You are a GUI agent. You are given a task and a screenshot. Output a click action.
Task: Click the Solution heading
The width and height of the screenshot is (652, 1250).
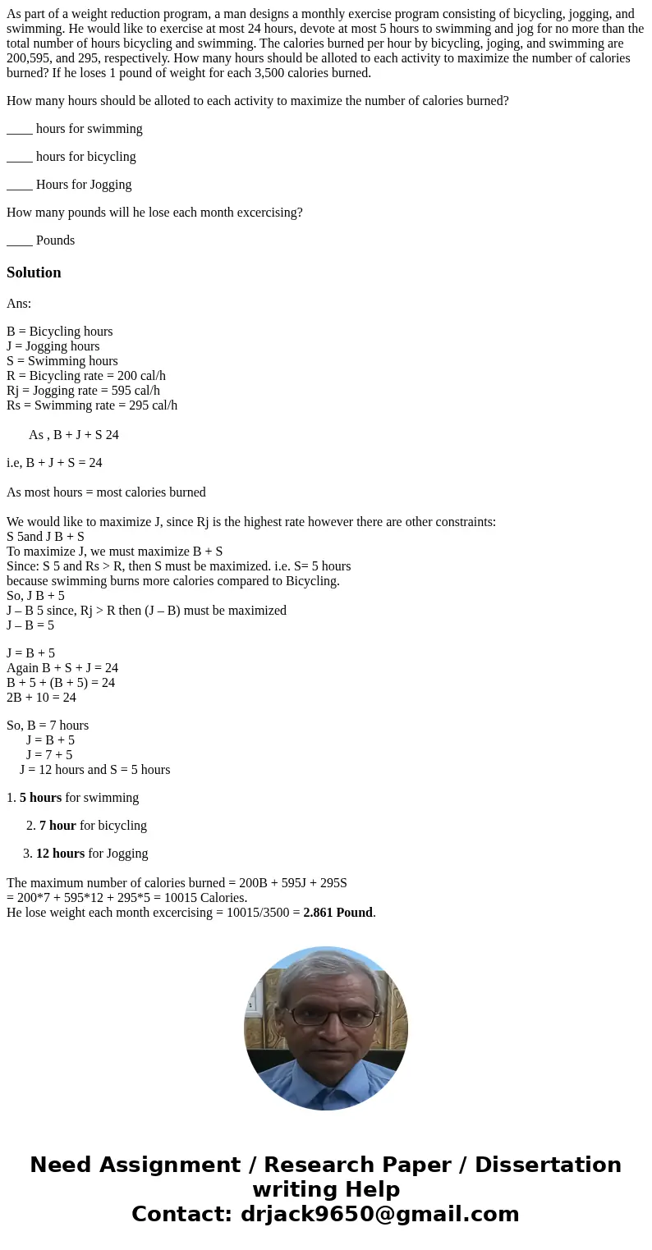click(x=34, y=272)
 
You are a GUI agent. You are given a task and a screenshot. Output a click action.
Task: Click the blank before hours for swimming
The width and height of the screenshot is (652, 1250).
click(x=20, y=129)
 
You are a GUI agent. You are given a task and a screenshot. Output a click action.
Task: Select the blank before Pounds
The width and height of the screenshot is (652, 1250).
click(x=20, y=240)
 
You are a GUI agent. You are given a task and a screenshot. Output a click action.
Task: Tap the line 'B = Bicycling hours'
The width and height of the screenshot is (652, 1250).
click(x=59, y=332)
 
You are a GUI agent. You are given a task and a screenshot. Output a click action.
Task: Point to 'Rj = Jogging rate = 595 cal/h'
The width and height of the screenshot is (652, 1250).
click(x=83, y=391)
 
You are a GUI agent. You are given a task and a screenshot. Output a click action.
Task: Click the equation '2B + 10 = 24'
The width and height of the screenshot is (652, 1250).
click(x=41, y=698)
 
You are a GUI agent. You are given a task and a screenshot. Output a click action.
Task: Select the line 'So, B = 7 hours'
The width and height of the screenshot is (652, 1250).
click(x=48, y=726)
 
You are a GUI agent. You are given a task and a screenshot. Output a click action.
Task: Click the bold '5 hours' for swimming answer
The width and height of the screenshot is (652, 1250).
click(x=40, y=798)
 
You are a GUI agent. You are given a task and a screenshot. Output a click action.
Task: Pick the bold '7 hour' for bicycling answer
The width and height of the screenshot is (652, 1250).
click(x=57, y=826)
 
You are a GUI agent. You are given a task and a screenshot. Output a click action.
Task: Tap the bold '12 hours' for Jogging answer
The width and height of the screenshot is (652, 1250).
click(x=60, y=854)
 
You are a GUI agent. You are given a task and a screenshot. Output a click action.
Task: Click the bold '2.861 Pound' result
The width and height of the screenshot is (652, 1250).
click(x=337, y=913)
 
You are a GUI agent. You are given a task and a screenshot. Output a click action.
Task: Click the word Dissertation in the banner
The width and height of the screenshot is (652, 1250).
click(x=548, y=1165)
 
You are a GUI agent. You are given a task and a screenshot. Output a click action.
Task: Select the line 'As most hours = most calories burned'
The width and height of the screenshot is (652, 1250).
click(x=106, y=492)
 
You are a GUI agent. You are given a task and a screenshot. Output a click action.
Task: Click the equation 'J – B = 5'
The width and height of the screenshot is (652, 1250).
click(x=30, y=625)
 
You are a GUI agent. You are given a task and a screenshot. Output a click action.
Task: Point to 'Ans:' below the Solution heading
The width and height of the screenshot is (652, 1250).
click(x=19, y=304)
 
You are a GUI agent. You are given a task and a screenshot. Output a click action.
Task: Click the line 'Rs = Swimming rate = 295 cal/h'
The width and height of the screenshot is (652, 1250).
click(x=92, y=405)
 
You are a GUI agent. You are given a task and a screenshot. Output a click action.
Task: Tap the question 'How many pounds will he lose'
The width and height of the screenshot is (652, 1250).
click(x=154, y=213)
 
